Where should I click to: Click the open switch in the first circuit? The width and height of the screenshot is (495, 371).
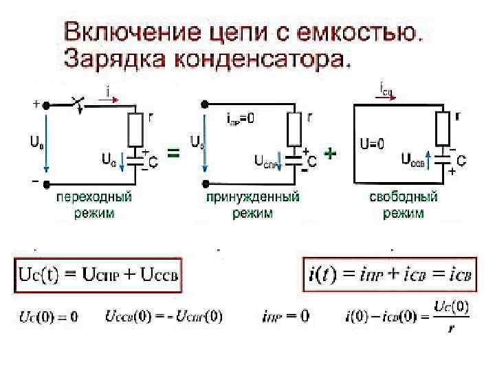pos(77,104)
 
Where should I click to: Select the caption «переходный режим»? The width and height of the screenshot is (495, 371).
pos(94,205)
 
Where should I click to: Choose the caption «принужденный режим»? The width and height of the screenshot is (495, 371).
pos(252,205)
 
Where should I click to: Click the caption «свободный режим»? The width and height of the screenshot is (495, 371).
pos(404,205)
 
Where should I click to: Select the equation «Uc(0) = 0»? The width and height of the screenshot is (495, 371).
pos(47,317)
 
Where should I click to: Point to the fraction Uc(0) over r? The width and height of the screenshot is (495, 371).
pos(451,316)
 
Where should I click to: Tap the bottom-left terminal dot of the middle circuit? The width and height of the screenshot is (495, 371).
pos(204,183)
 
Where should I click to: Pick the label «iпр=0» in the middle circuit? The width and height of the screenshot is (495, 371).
pos(241,117)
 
